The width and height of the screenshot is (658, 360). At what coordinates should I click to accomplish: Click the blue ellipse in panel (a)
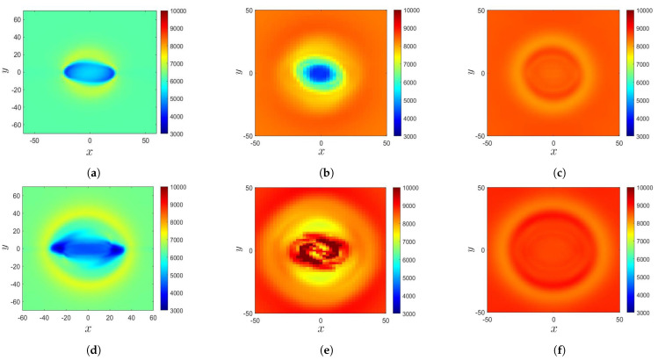coord(89,71)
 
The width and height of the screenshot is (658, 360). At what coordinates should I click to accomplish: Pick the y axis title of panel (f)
coord(474,249)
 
